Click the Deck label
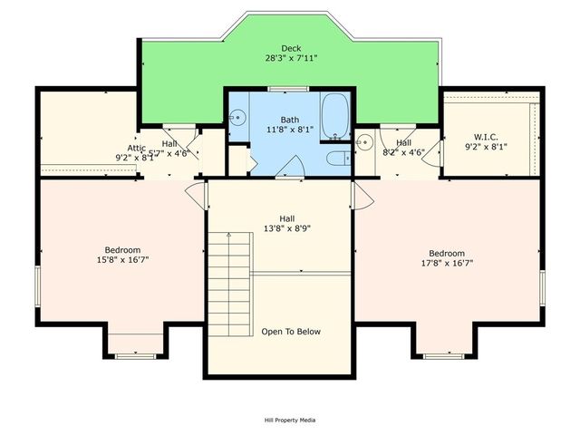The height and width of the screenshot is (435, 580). pos(291,48)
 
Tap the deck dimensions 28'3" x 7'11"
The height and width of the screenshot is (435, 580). pos(291,58)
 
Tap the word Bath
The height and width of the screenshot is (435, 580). pos(289,119)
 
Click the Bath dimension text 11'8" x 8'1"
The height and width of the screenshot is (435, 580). pos(289,130)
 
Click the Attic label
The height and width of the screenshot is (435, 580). pos(136,147)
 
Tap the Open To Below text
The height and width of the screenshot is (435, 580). pos(290,332)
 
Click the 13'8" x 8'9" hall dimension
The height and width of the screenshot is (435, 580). pos(286,228)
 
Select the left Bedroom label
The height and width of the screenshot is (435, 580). pos(122,250)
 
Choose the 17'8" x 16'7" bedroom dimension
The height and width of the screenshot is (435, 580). pos(447,264)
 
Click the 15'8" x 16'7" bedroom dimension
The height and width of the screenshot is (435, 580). pos(122,261)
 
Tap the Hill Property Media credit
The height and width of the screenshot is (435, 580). pos(290,420)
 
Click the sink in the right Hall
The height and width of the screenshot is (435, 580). pos(364,141)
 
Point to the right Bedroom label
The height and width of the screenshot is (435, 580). pos(447,253)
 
